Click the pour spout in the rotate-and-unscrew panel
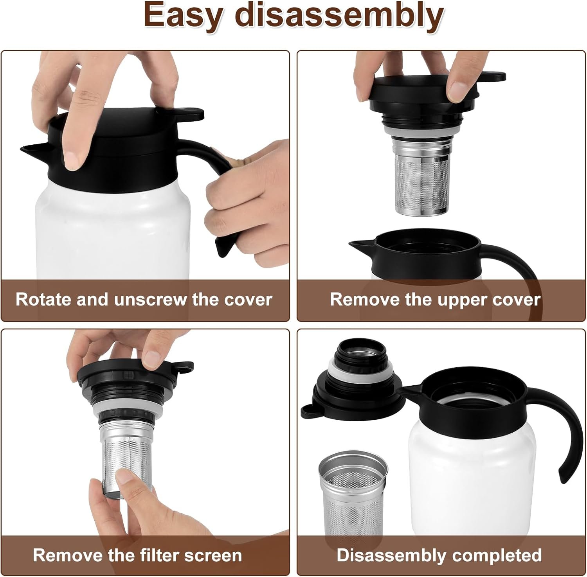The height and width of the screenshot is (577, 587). point(33,150)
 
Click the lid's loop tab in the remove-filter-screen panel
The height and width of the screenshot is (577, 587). point(183,367)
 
